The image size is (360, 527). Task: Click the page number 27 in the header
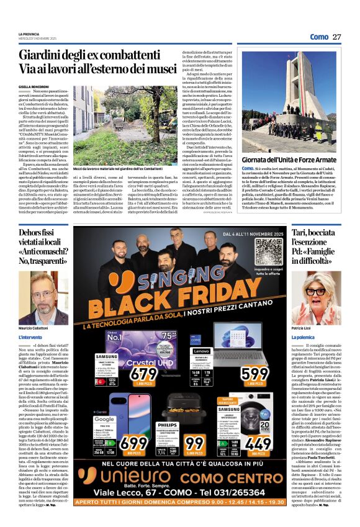click(336, 37)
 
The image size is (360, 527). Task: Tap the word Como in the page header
click(318, 37)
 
